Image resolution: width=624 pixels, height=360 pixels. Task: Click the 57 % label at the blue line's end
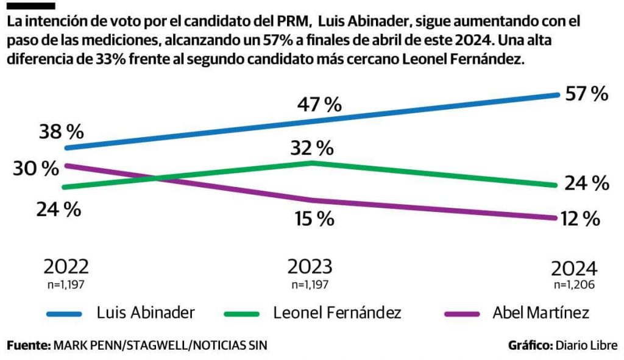coord(586,94)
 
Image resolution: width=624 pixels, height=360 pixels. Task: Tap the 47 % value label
coord(319,104)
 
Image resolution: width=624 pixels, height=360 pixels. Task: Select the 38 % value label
coord(62,131)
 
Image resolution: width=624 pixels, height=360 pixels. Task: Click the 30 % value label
coord(36,169)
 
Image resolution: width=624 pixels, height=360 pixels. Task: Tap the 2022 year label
coord(66,267)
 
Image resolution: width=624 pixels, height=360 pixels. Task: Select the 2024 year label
coord(575,269)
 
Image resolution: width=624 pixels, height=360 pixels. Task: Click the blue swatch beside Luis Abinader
coord(65,314)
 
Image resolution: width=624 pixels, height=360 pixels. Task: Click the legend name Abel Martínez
coord(541,313)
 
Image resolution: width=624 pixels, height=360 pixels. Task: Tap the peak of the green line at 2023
coord(312,163)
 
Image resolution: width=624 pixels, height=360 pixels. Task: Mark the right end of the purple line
coord(555,217)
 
